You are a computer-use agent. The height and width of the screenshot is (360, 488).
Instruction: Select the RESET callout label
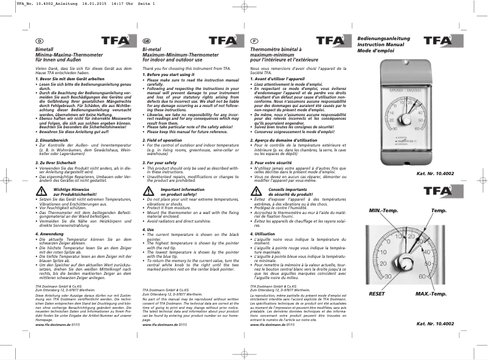pos(377,294)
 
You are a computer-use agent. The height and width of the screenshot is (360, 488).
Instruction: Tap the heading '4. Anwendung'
pos(50,233)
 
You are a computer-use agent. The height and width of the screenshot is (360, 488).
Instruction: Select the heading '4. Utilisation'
pos(263,233)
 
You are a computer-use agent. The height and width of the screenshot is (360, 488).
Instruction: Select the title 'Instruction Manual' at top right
pos(382,45)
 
